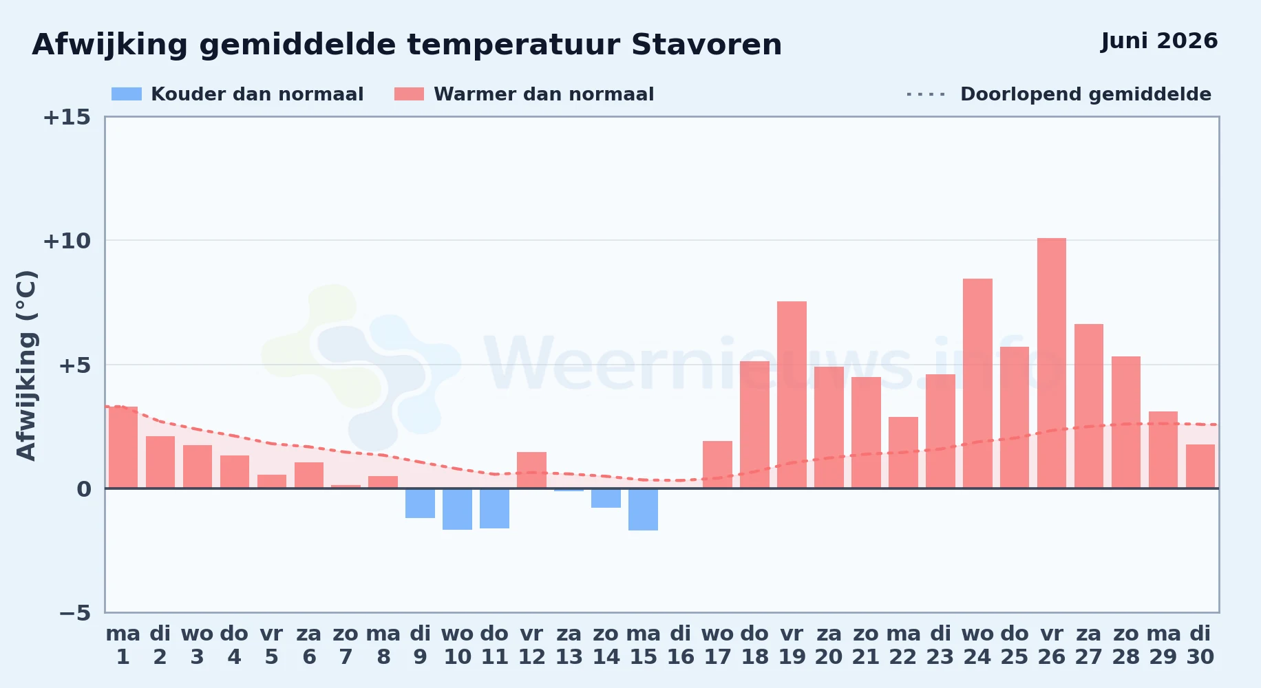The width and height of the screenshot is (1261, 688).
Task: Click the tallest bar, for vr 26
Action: click(1052, 363)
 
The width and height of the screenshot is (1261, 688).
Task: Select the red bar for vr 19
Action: click(792, 395)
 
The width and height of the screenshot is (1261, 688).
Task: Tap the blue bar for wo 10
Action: click(457, 509)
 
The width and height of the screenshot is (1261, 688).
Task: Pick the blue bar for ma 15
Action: click(643, 509)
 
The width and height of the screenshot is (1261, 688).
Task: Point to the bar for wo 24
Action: click(977, 383)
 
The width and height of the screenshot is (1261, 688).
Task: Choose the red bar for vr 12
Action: click(531, 470)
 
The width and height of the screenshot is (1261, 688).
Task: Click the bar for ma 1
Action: click(123, 447)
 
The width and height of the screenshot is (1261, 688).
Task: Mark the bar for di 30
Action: click(1200, 466)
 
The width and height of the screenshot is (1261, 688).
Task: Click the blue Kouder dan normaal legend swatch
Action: click(127, 94)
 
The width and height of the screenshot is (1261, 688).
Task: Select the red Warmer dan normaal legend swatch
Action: click(409, 94)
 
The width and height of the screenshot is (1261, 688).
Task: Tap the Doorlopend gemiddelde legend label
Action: click(1085, 94)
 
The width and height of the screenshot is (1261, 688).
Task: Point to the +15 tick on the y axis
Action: click(67, 117)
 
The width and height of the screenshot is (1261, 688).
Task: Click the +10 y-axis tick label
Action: click(67, 241)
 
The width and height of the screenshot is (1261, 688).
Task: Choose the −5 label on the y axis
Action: click(74, 613)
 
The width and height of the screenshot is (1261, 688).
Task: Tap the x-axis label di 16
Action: click(680, 645)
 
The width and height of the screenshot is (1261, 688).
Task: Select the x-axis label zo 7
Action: click(346, 645)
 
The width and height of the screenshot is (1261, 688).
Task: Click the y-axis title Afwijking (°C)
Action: click(27, 365)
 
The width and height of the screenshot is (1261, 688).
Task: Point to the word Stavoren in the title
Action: click(706, 45)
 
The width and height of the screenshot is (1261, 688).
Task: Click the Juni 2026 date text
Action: click(1159, 41)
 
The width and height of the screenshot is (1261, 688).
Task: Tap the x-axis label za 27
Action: click(1089, 645)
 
